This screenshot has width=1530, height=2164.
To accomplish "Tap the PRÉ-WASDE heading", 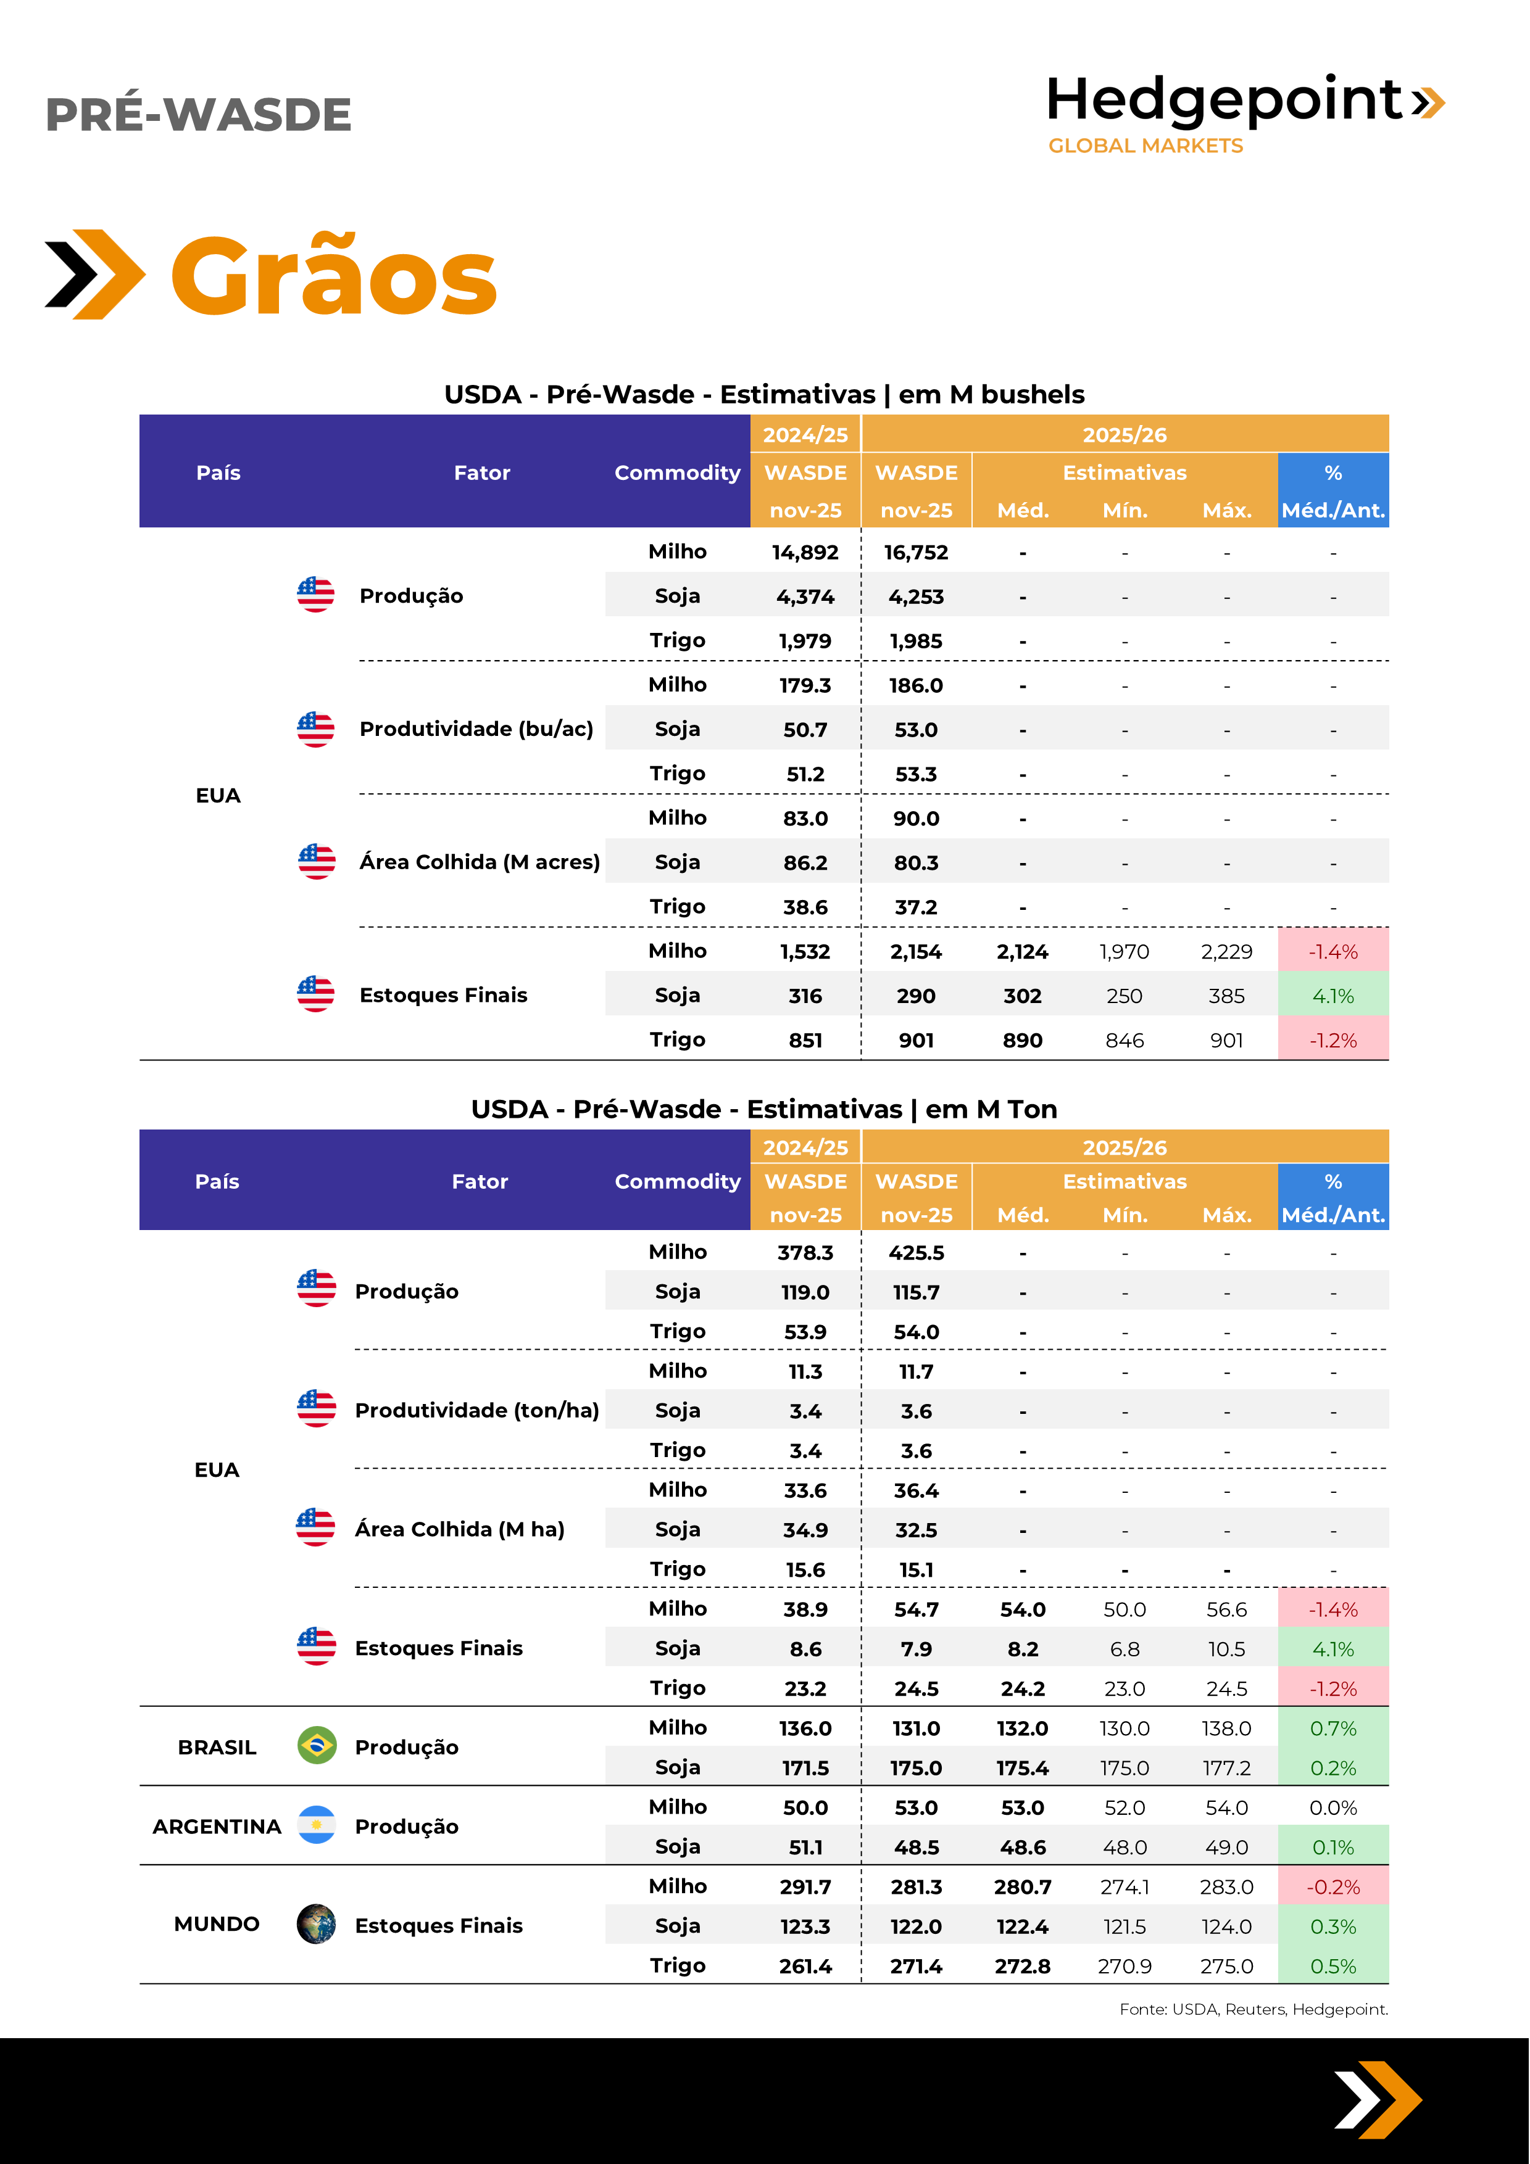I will [198, 115].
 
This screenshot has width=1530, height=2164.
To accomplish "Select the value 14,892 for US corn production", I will [805, 552].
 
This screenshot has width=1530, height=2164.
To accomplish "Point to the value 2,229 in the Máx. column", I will [1226, 952].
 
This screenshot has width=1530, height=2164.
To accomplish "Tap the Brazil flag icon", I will [317, 1746].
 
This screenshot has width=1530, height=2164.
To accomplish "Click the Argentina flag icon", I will [317, 1825].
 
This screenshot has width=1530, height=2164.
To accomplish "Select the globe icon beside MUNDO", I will [317, 1923].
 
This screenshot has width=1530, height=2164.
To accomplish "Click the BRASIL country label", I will [217, 1748].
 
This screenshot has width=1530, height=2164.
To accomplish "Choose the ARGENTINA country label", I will [217, 1827].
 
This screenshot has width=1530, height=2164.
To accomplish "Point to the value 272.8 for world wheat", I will [1022, 1966].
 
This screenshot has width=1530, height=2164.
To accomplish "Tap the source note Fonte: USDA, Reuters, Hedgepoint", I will [1253, 2009].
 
